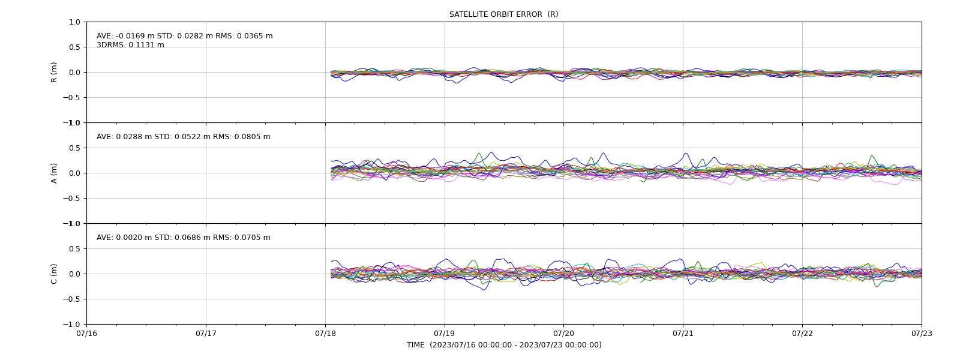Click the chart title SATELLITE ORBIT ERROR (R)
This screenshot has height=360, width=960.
point(503,14)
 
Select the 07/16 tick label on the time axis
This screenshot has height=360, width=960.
point(86,334)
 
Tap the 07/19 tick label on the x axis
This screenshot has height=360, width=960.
point(445,334)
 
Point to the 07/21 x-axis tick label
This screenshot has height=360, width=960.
point(683,334)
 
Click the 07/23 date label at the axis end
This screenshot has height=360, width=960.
point(922,334)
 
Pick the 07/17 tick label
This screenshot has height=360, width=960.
point(206,334)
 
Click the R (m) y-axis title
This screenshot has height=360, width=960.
point(54,73)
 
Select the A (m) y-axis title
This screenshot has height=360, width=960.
point(54,173)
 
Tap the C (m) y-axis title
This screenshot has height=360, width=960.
point(54,274)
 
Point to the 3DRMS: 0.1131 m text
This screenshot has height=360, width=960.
point(130,45)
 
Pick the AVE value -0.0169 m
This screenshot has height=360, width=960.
point(135,36)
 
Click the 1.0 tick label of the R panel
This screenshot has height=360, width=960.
point(74,22)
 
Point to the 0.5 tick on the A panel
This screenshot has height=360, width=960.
point(74,148)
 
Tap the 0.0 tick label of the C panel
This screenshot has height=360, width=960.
point(74,274)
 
